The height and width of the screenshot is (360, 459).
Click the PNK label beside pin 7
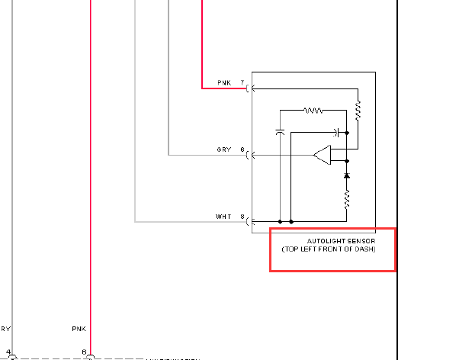coord(223,82)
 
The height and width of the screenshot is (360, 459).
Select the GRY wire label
coord(223,149)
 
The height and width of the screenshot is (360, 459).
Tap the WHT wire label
coord(223,217)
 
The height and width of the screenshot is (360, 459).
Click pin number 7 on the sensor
coord(242,82)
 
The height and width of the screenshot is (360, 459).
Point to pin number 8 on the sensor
coord(242,217)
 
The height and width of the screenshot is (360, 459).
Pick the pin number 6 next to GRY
coord(242,149)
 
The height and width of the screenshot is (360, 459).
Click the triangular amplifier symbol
coord(323,156)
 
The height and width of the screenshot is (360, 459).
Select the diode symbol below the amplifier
coord(347,175)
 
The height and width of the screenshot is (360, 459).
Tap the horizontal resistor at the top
coord(313,111)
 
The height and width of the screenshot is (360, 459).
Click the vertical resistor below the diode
coord(347,199)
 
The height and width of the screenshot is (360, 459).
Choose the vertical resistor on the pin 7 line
coord(357,112)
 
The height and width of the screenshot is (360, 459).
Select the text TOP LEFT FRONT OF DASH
coord(329,249)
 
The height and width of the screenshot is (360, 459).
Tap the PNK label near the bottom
coord(79,329)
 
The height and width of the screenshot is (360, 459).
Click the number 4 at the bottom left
coord(8,352)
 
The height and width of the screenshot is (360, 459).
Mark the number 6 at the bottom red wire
coord(84,352)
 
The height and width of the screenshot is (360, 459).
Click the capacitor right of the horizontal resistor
coord(335,132)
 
